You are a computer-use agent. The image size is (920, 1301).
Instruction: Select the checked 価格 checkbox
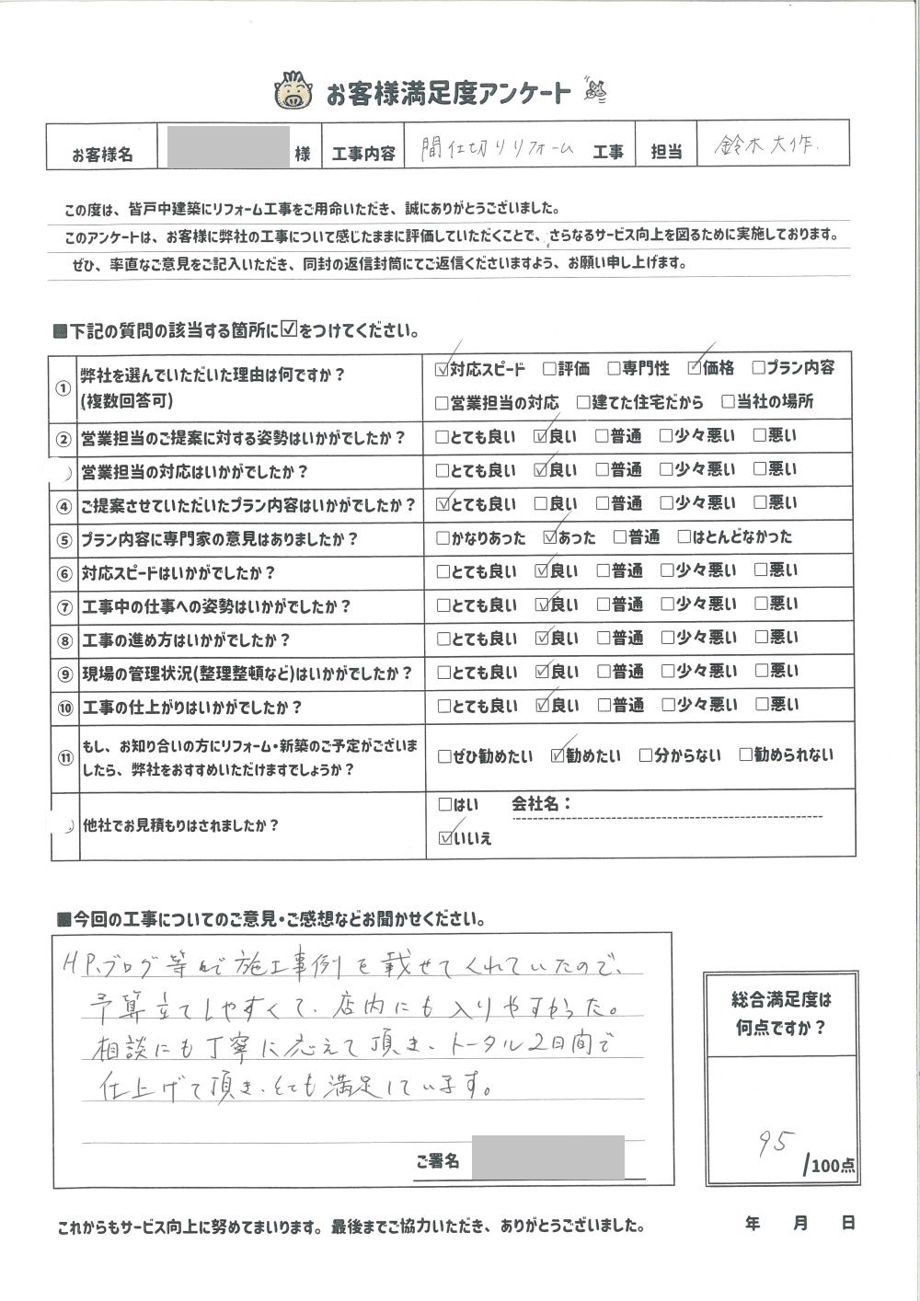point(695,369)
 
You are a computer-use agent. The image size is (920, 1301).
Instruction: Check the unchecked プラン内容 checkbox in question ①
point(759,368)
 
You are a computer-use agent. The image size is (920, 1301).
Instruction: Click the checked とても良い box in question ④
point(444,504)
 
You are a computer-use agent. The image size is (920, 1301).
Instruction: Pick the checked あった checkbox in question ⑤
point(550,537)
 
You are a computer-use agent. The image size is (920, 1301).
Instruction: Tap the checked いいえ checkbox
point(446,838)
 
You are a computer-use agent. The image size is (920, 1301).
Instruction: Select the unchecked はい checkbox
point(445,804)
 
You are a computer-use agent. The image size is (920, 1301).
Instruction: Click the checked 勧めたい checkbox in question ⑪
point(557,756)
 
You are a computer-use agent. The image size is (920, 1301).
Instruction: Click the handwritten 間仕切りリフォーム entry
point(497,148)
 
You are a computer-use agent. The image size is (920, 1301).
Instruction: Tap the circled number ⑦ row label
point(63,608)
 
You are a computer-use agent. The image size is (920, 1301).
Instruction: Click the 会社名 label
point(541,804)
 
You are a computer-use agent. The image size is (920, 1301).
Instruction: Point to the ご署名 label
point(437,1162)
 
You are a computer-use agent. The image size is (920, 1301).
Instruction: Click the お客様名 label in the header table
point(102,155)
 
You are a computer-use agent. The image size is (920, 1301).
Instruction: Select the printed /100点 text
point(830,1167)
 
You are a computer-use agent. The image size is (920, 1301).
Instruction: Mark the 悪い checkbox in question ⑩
point(760,705)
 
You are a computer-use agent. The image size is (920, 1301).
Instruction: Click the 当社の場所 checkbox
point(728,402)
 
